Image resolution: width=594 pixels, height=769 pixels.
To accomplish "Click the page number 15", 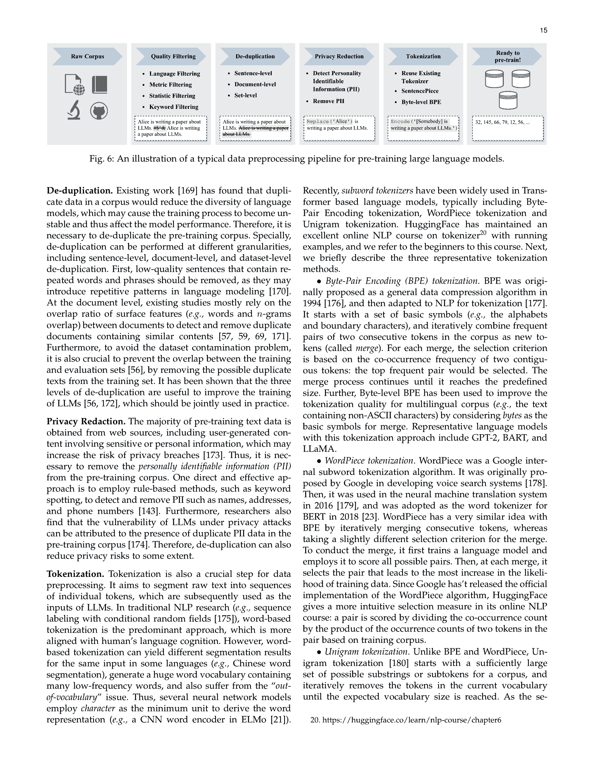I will pyautogui.click(x=543, y=30).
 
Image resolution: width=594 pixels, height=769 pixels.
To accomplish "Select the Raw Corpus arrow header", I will pyautogui.click(x=87, y=56).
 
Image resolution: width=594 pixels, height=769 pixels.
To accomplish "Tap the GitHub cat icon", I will pyautogui.click(x=99, y=111).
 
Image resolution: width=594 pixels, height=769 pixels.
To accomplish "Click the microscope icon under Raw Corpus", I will pyautogui.click(x=74, y=110).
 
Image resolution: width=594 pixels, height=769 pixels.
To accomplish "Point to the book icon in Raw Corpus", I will pyautogui.click(x=100, y=85).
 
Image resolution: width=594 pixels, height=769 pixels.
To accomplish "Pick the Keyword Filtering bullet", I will pyautogui.click(x=173, y=107).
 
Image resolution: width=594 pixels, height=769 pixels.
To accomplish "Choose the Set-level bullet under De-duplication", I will pyautogui.click(x=245, y=95).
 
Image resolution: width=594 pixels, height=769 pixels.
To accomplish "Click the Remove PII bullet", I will pyautogui.click(x=328, y=101).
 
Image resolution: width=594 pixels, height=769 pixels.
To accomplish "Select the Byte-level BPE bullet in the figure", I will pyautogui.click(x=421, y=102).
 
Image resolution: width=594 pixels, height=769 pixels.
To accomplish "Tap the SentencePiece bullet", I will pyautogui.click(x=419, y=91).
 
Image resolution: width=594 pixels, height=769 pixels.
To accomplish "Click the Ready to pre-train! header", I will pyautogui.click(x=507, y=56).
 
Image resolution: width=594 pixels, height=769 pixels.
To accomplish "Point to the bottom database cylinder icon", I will pyautogui.click(x=508, y=100).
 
